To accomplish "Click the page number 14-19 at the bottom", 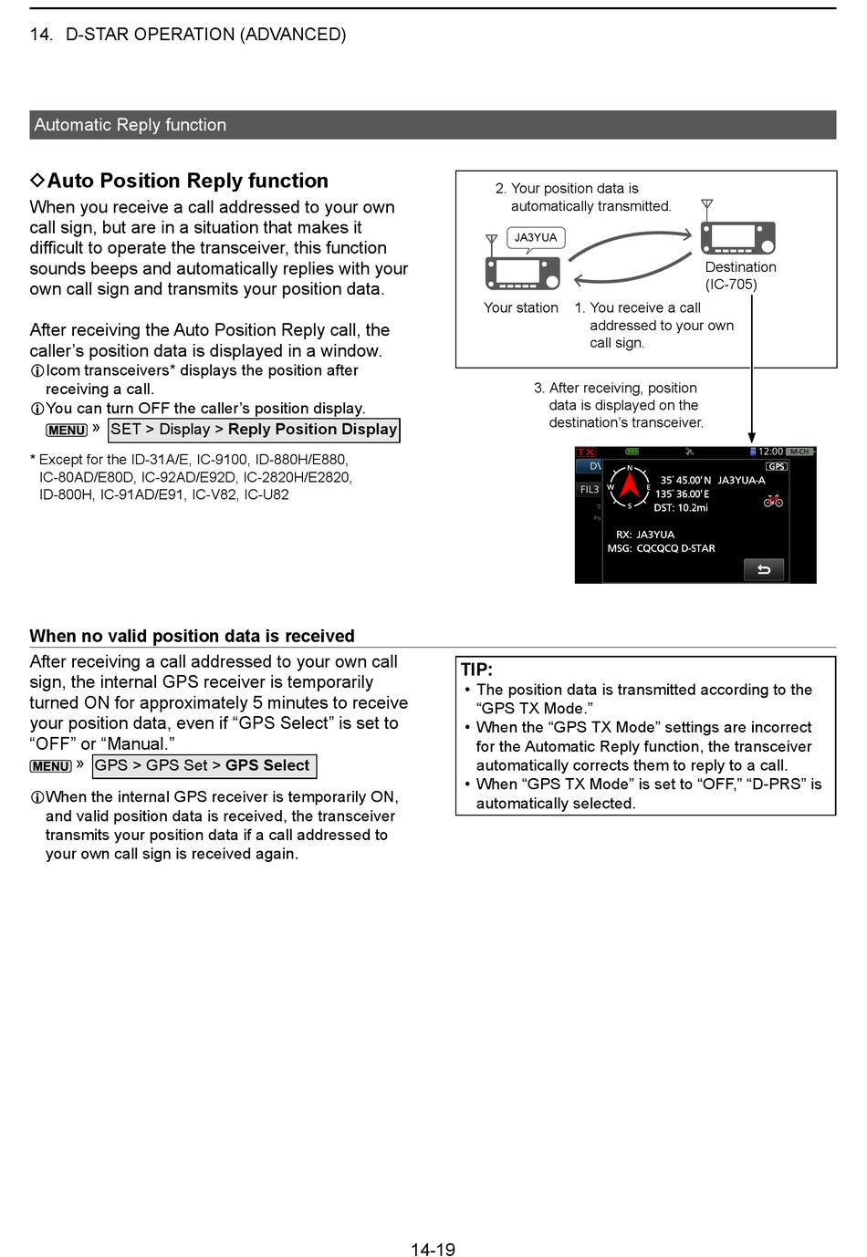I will click(x=433, y=1249).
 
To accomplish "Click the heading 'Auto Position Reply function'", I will click(x=187, y=181).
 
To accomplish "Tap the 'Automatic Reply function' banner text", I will click(x=131, y=125).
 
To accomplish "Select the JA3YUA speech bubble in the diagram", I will click(x=536, y=238).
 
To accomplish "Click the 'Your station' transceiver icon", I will click(x=522, y=273).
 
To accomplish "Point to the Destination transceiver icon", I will click(x=737, y=237).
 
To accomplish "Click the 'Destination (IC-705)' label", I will click(x=740, y=275).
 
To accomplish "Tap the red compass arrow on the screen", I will click(x=629, y=488).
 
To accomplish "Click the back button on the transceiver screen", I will click(x=764, y=570).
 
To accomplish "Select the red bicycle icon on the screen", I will click(x=773, y=500).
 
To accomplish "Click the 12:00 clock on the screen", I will click(x=770, y=452).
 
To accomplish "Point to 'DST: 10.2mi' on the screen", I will click(x=681, y=508).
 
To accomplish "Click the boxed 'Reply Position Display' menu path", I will click(x=254, y=430).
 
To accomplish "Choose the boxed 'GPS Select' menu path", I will click(x=204, y=765).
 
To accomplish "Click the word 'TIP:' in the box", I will click(x=476, y=670).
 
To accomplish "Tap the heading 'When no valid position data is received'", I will click(x=192, y=636).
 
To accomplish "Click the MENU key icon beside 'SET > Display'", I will click(x=67, y=431).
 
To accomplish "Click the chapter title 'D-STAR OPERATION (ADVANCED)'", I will click(x=205, y=35).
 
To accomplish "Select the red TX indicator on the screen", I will click(x=585, y=452).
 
